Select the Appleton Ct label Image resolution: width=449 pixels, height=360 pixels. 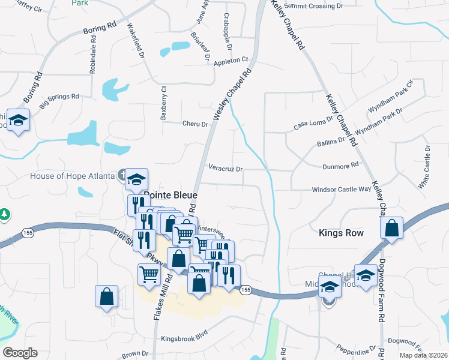click(231, 60)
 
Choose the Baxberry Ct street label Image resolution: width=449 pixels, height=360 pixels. click(163, 102)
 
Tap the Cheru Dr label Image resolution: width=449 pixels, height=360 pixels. click(195, 124)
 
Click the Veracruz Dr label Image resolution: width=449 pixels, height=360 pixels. click(226, 169)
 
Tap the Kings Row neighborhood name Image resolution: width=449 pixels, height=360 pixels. click(342, 233)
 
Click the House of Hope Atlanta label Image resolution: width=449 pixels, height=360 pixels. click(73, 176)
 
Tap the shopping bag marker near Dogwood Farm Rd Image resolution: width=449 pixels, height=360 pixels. click(391, 229)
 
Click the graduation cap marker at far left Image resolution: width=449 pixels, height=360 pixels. click(19, 120)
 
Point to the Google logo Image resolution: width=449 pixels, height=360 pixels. click(20, 353)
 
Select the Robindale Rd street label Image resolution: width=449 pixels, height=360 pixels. click(93, 58)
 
